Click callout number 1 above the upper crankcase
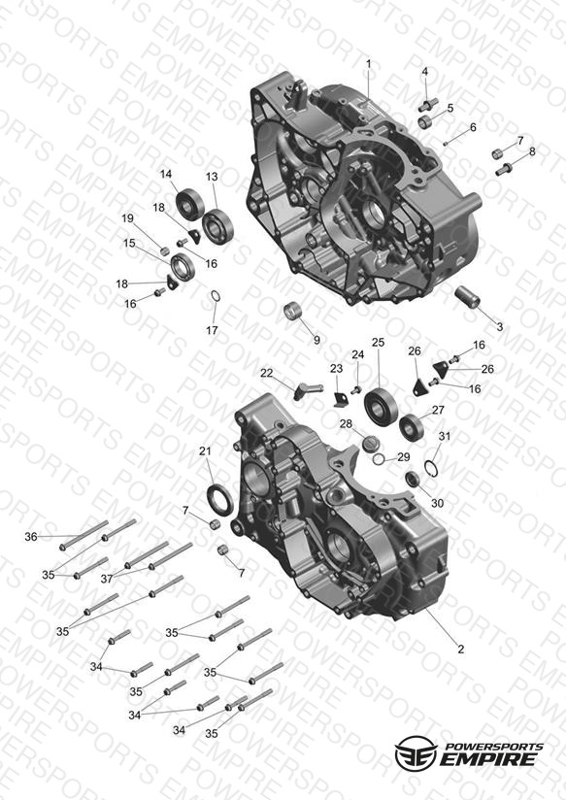click(369, 64)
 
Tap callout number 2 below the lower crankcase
click(461, 649)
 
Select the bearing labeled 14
click(189, 203)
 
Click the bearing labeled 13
click(217, 226)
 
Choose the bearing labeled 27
click(412, 428)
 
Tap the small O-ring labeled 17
click(216, 295)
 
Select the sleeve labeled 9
click(293, 311)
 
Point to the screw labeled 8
click(504, 169)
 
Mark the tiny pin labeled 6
click(445, 144)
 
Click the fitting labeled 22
click(308, 391)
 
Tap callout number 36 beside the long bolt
click(31, 536)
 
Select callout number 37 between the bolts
click(106, 579)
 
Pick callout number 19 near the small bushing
click(127, 218)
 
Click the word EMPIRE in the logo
click(487, 758)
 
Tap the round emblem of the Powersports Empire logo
click(416, 752)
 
